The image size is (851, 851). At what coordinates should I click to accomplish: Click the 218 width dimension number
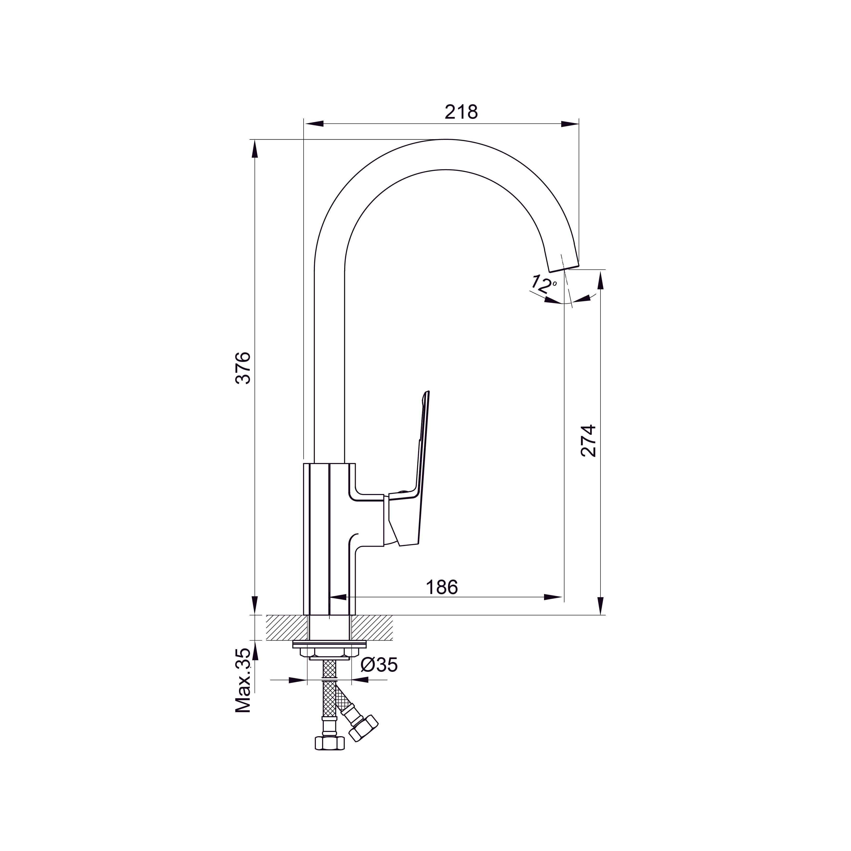[x=461, y=112]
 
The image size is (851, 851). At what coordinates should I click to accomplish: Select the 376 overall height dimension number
[x=243, y=368]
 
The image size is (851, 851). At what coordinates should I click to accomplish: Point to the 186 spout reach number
[x=442, y=587]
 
